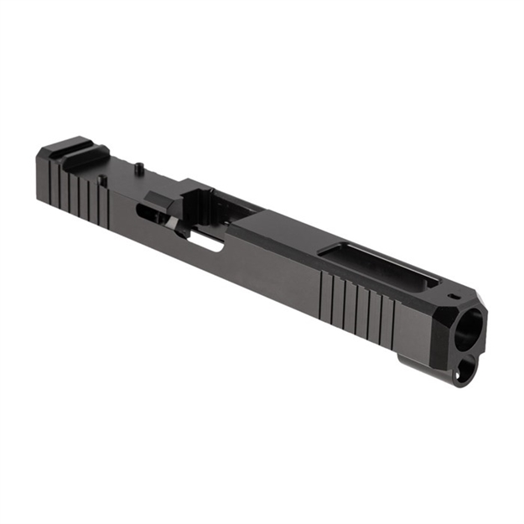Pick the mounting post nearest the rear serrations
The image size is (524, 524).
[102, 179]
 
